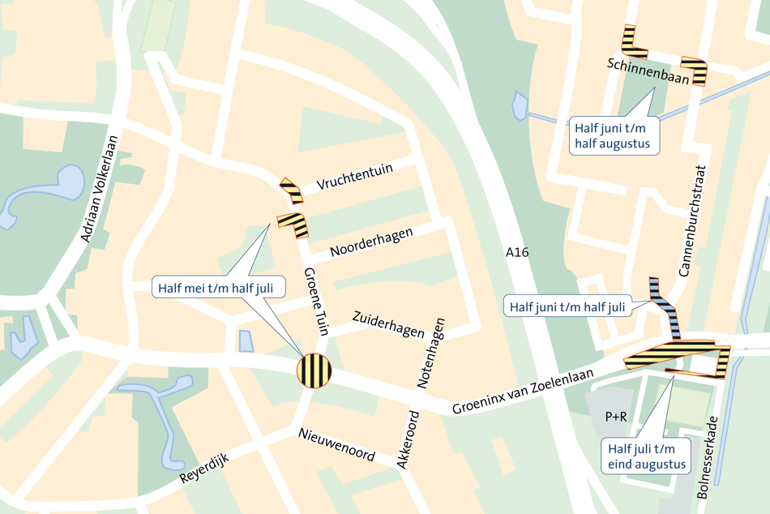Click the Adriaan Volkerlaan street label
pos(99,188)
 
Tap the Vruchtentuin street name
pos(355,175)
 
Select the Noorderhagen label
pos(371,242)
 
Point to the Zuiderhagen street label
pos(388,323)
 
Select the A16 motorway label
pos(516,253)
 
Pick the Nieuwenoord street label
pos(336,444)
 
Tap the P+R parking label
pos(616,417)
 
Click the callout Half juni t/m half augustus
pos(614,135)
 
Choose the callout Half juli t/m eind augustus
pos(647,457)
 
